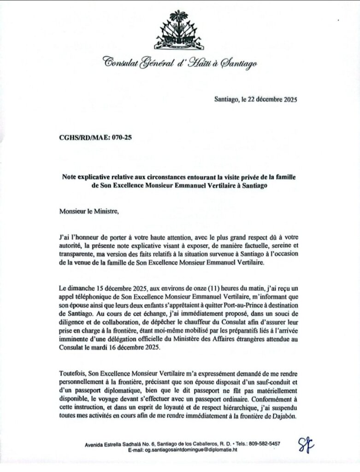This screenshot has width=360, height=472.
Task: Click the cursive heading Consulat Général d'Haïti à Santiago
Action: point(180,63)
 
